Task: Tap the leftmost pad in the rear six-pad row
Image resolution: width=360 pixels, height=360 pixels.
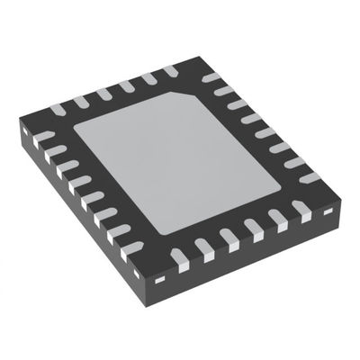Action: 58,111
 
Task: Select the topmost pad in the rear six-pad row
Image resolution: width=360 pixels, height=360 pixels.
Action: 170,71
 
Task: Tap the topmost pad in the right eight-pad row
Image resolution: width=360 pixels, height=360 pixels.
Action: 212,78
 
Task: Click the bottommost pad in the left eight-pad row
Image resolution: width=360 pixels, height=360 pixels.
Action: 132,247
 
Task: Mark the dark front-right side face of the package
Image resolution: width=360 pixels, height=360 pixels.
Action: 261,261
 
